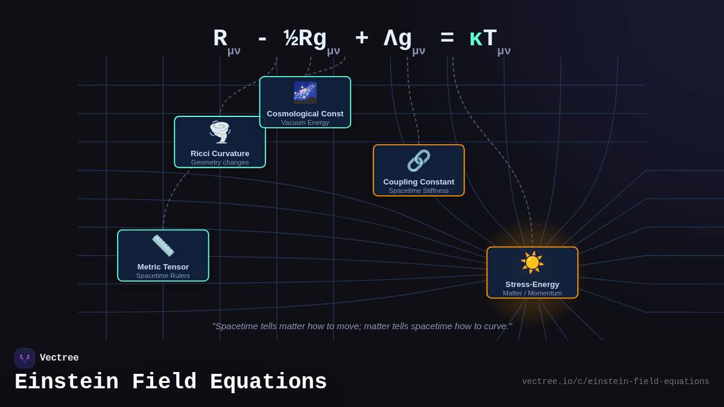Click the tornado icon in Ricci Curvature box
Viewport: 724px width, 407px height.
(x=220, y=132)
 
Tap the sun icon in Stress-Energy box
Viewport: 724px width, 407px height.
(x=532, y=262)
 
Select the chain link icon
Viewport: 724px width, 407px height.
(x=419, y=161)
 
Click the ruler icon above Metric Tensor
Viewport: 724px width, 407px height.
(x=163, y=245)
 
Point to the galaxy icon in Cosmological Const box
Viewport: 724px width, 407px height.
(x=305, y=92)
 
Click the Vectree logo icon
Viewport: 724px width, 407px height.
(x=25, y=358)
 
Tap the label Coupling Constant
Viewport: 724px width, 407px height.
(x=419, y=181)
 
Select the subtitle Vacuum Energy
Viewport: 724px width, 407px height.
(x=305, y=122)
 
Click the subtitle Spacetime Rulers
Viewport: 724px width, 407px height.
(x=163, y=276)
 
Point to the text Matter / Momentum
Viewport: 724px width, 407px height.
(x=532, y=293)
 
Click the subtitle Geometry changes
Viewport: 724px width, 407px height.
(x=220, y=162)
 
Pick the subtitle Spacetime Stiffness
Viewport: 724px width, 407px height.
(x=419, y=191)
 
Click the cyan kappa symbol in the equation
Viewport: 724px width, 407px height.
(x=475, y=39)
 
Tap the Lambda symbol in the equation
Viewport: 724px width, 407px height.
(x=390, y=39)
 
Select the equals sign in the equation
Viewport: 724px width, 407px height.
(x=447, y=39)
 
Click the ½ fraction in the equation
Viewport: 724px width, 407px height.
(x=291, y=39)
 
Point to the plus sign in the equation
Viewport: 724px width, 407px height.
(x=361, y=39)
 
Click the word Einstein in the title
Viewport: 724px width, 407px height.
(x=67, y=382)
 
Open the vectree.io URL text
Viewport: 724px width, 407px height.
(x=615, y=382)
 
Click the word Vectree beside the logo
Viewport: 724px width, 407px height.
(x=59, y=358)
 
